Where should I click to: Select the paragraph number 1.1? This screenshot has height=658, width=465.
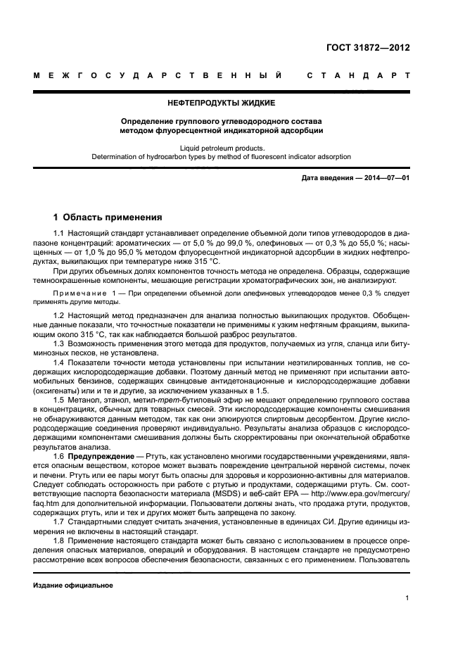(x=59, y=232)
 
